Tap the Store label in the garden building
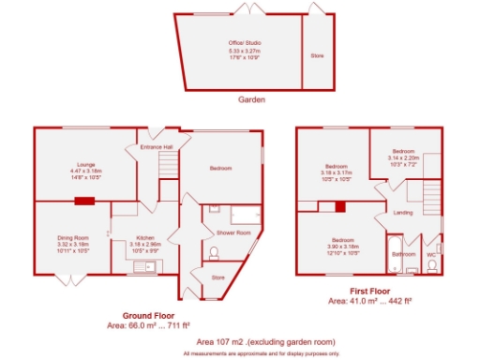click(x=316, y=56)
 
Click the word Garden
click(x=250, y=98)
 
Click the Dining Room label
click(x=72, y=237)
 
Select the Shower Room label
click(x=233, y=232)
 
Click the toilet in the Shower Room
click(x=215, y=252)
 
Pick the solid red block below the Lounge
click(x=84, y=200)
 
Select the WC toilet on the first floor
click(x=431, y=265)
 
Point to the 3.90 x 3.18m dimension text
click(x=342, y=247)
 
